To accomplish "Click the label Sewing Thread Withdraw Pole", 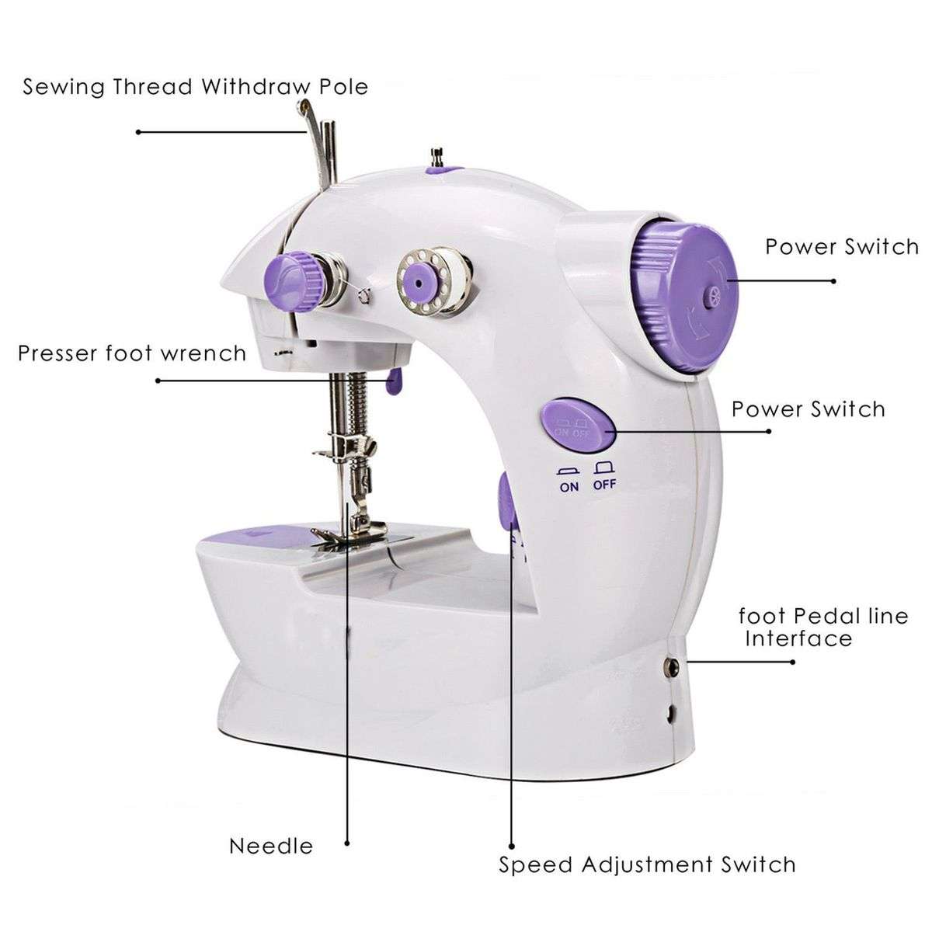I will tap(195, 86).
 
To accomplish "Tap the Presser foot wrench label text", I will tap(132, 354).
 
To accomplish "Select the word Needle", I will tap(271, 846).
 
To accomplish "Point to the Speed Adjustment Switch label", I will tap(647, 864).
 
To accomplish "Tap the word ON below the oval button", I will tap(569, 486).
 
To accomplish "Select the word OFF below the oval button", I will tap(604, 486).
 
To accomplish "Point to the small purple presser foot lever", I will tap(394, 380).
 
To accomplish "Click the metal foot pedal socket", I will tap(671, 665).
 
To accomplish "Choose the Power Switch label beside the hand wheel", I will tap(842, 247).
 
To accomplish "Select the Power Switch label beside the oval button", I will tap(808, 409).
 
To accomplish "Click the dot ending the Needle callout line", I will tap(347, 841).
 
